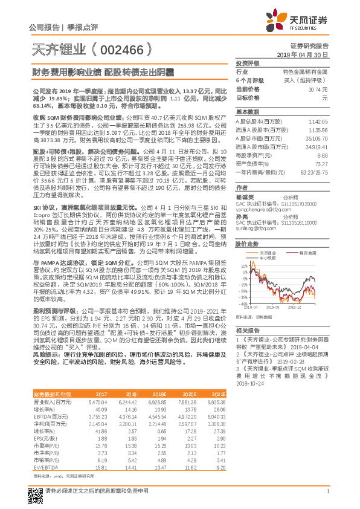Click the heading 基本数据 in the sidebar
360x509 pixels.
[x=247, y=112]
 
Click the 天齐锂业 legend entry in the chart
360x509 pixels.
[x=268, y=236]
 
